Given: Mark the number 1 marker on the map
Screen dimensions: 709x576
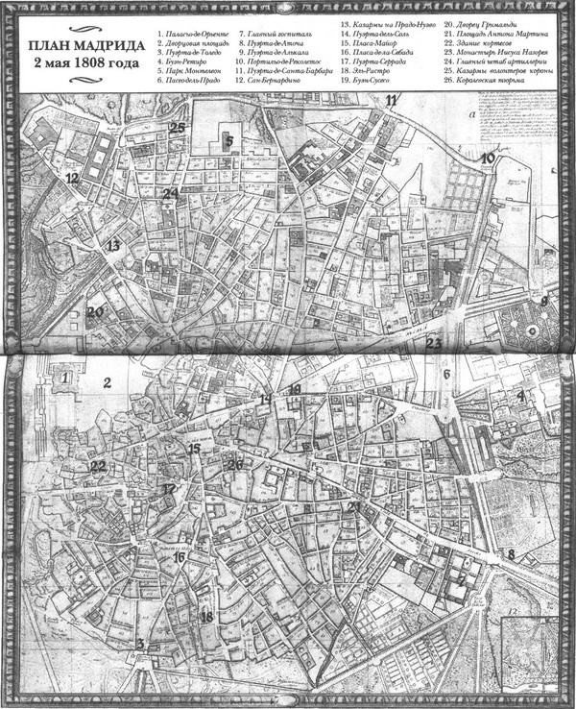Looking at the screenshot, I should [65, 379].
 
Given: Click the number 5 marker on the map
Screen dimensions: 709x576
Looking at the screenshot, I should [229, 140].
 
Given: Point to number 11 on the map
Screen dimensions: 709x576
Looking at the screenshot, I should [391, 100].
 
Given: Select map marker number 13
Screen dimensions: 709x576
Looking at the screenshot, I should [113, 247].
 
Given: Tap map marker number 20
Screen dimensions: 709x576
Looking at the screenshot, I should [94, 311].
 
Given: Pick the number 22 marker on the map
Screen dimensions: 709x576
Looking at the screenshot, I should [97, 466].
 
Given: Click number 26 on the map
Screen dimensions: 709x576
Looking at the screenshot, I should [235, 465].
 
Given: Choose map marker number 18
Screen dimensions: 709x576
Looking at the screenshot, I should [205, 617].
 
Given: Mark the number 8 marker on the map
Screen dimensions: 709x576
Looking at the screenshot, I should [512, 554].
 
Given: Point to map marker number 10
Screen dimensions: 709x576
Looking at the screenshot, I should [488, 158].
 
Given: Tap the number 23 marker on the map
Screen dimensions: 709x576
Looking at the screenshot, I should [433, 343].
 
